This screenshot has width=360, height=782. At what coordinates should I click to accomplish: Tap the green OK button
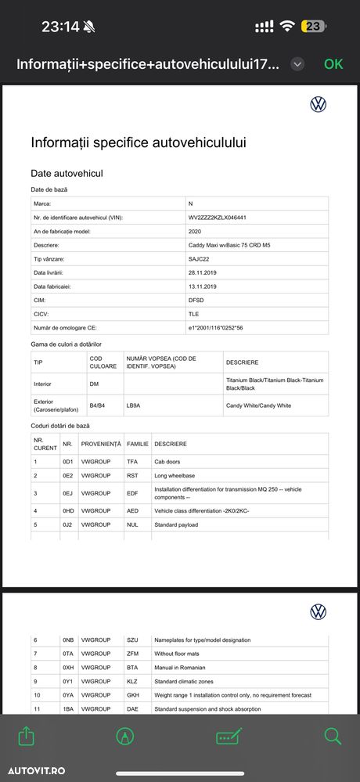pos(333,64)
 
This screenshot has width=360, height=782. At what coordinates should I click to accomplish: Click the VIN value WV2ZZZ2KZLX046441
pos(218,217)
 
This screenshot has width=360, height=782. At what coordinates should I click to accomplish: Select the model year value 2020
pos(196,231)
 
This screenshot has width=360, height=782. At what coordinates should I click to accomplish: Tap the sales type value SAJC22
pos(199,259)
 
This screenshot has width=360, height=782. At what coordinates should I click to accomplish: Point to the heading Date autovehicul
pos(67,173)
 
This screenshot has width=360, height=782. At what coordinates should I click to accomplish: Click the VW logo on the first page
pos(319,104)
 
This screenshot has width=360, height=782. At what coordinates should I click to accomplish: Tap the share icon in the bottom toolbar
pos(26,736)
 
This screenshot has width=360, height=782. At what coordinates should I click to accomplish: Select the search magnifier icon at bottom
pos(333,736)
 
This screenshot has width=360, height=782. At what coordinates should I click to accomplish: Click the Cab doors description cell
pos(168,462)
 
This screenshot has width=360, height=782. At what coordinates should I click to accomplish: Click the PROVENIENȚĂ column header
pos(101,444)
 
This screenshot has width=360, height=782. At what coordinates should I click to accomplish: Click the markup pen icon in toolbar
pos(124,736)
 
